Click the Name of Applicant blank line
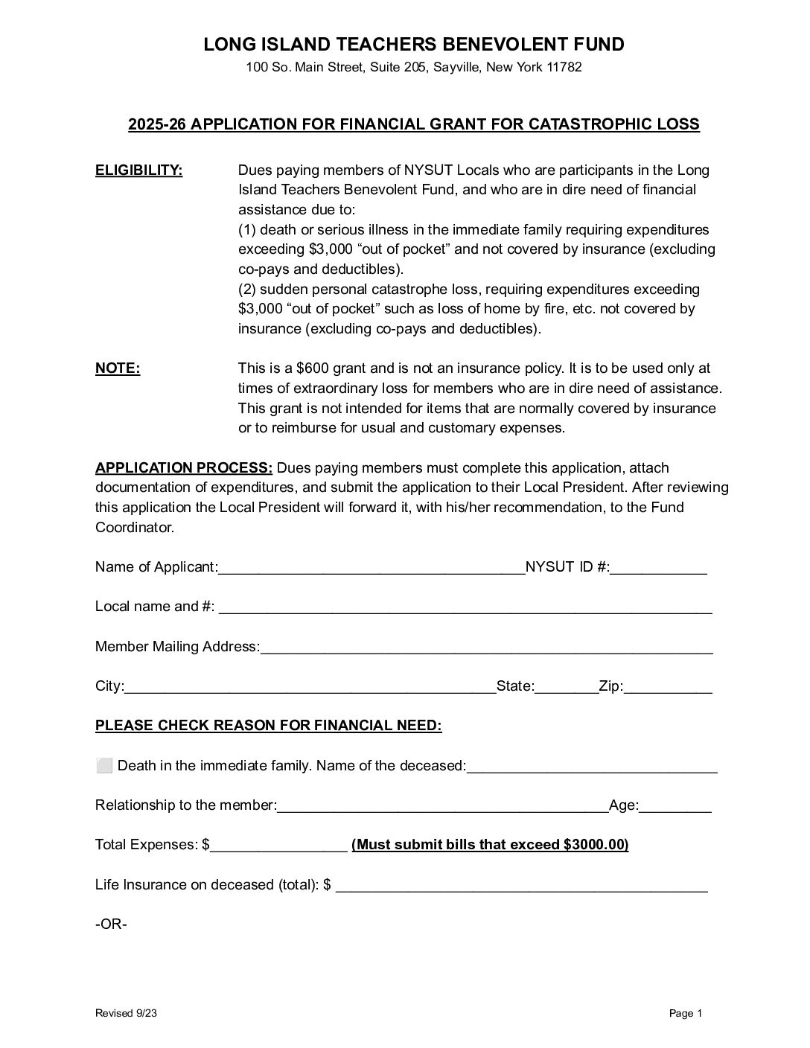371,568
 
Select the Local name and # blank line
465,607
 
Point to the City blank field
310,687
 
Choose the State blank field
567,687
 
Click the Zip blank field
668,687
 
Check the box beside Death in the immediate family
104,765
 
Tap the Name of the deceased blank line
592,767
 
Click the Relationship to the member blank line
443,806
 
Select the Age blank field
675,806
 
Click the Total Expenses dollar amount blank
278,846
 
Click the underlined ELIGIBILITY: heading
139,170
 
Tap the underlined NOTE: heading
118,368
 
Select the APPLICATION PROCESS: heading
184,468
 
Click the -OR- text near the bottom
112,924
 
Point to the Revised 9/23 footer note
126,1013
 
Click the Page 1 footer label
686,1013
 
